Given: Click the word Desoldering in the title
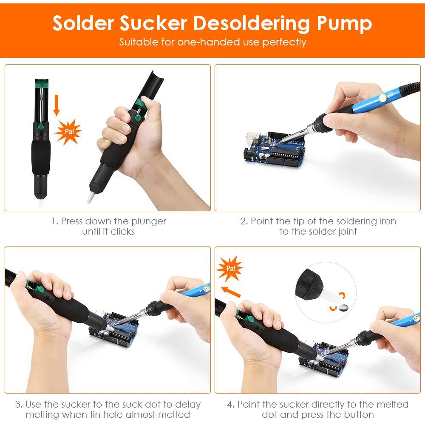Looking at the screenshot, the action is click(251, 23).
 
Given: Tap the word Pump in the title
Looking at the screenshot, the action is click(345, 24).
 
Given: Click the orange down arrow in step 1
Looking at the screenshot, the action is click(57, 105).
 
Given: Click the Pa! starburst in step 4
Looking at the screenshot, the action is click(229, 269).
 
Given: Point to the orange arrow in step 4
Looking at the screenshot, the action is click(231, 292).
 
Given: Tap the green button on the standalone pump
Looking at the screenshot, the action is click(41, 127).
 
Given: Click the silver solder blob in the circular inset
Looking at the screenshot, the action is click(343, 307).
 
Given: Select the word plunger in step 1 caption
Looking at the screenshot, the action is click(149, 222).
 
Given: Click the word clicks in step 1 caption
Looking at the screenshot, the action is click(122, 232).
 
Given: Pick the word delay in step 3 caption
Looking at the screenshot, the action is click(188, 405).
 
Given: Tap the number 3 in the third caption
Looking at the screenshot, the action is click(18, 405).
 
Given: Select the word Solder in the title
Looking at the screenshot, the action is click(83, 23).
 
